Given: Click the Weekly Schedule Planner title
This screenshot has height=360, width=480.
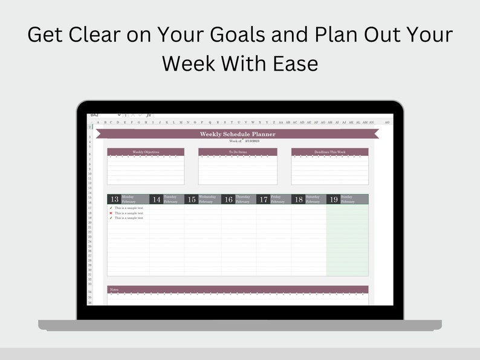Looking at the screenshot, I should [x=238, y=134].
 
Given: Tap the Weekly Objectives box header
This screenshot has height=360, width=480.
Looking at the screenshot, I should [x=146, y=152].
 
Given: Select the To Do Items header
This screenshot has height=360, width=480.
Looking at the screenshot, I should [x=238, y=152].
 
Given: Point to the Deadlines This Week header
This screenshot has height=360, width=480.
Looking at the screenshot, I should [x=329, y=152].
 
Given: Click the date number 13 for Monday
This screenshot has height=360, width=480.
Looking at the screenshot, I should [x=114, y=199].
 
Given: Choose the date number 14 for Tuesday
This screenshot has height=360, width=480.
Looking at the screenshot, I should [x=156, y=199].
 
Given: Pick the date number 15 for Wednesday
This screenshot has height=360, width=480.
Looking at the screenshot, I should [x=191, y=199].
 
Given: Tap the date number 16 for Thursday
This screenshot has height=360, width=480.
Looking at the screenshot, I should [x=228, y=199].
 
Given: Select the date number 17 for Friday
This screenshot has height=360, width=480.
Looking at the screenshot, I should [x=263, y=199].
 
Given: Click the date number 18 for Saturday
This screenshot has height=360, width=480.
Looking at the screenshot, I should [x=298, y=199].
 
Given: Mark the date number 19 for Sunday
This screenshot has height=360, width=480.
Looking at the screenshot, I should [x=333, y=199].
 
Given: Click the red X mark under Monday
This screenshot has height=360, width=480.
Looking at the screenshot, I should [x=111, y=213].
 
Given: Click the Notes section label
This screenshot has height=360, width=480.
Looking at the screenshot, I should [x=114, y=289].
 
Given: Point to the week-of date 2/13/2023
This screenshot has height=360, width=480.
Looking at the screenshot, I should [x=251, y=140].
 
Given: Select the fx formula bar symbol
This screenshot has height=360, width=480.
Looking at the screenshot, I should [x=148, y=115].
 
